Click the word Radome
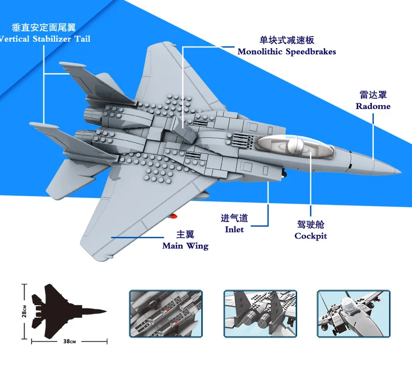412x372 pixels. [373, 106]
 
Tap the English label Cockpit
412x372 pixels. [311, 236]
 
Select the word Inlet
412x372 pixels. [234, 229]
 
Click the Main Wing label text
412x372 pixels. [185, 246]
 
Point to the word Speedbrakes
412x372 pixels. [311, 52]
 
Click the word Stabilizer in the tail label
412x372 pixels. [52, 39]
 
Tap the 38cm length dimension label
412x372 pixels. [69, 341]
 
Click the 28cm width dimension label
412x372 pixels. [24, 311]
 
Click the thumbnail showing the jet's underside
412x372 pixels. [166, 314]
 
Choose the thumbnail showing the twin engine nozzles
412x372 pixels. [260, 314]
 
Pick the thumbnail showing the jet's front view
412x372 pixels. [354, 314]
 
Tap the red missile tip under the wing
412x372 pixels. [174, 217]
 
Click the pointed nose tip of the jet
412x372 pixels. [401, 172]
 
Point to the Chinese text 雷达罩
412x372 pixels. [373, 95]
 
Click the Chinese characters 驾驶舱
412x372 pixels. [311, 224]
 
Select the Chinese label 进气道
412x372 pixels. [234, 218]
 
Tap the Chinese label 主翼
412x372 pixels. [185, 234]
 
